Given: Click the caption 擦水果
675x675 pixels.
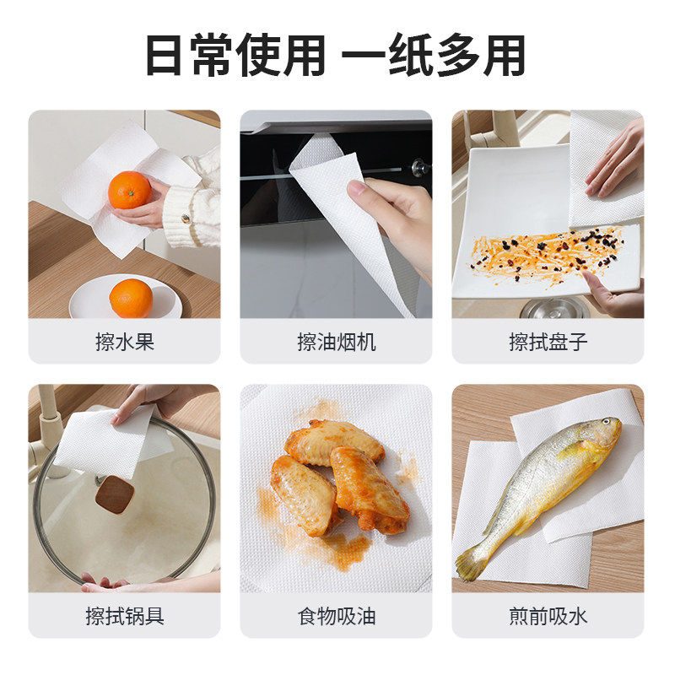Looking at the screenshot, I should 125,342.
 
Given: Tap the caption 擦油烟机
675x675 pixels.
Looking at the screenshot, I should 337,342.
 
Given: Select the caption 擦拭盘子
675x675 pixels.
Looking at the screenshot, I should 548,342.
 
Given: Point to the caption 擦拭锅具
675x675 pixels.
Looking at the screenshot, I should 125,616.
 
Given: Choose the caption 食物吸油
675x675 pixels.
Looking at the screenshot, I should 337,616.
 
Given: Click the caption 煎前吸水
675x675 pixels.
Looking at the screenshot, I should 548,616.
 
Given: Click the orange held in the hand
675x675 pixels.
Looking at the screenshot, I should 129,190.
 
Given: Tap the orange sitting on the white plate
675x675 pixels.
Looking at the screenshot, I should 131,298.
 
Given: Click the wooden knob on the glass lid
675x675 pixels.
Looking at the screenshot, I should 114,494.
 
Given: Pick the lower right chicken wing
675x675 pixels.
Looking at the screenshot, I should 370,489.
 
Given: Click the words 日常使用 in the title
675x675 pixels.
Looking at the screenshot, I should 235,57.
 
